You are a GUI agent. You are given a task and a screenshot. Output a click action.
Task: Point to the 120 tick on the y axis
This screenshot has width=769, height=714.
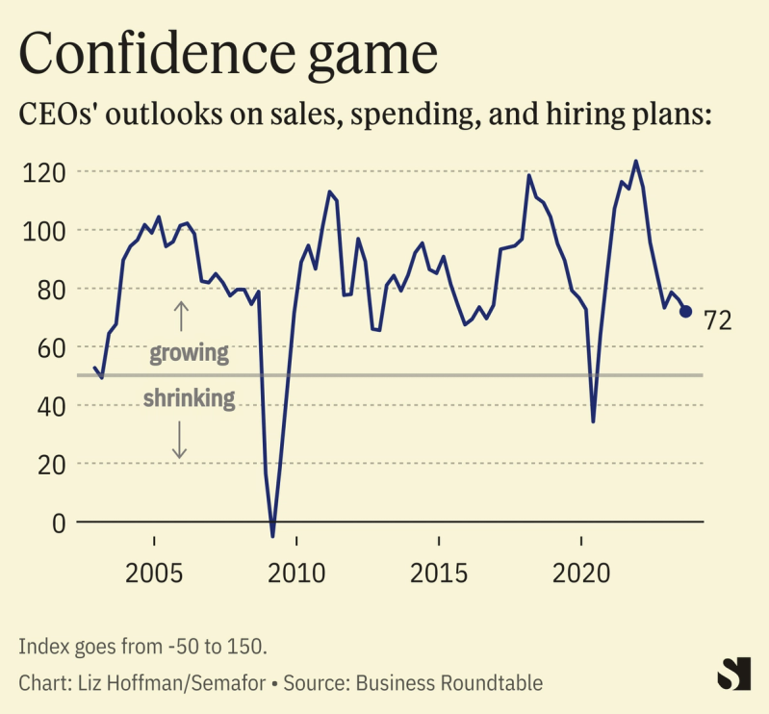click(x=41, y=172)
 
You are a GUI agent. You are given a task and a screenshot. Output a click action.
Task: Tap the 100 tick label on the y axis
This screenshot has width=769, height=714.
click(x=41, y=231)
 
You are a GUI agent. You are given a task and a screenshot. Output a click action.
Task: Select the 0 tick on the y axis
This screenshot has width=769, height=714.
click(x=59, y=523)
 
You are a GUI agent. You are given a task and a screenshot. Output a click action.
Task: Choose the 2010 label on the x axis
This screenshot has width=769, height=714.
click(x=295, y=574)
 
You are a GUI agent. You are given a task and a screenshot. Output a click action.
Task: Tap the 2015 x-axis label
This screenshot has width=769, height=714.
click(x=439, y=574)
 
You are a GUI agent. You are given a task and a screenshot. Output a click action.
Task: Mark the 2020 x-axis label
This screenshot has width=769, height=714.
click(x=582, y=574)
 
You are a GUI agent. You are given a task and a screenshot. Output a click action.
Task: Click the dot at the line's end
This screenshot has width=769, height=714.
click(x=685, y=312)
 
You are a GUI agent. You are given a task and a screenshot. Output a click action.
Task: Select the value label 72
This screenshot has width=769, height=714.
click(x=718, y=320)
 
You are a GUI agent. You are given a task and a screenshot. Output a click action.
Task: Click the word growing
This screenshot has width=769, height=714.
click(x=189, y=353)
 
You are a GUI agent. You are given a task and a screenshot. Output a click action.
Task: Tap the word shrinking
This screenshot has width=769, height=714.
click(x=189, y=397)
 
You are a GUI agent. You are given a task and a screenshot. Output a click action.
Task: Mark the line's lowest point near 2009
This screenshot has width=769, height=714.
click(x=273, y=536)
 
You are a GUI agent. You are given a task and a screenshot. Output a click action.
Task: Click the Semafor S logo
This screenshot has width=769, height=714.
click(x=734, y=674)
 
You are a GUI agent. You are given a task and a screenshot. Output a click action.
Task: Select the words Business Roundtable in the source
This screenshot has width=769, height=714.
click(x=449, y=683)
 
